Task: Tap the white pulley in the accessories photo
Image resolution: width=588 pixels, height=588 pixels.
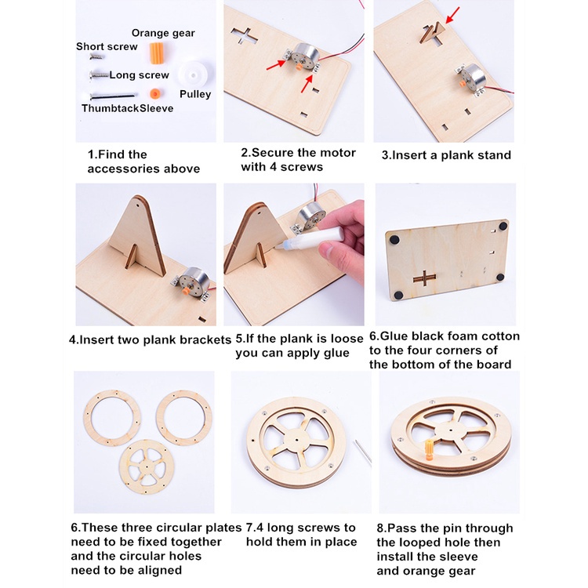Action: [194, 74]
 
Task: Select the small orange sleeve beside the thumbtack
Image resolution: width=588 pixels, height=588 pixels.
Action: [155, 94]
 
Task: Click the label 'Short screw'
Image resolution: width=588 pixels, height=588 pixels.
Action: [107, 46]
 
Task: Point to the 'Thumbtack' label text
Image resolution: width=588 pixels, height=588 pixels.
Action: [111, 108]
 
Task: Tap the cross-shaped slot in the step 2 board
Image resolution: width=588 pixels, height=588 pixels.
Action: [244, 36]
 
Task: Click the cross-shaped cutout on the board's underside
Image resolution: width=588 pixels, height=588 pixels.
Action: [424, 278]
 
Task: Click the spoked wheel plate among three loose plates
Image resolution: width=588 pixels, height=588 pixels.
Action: [144, 467]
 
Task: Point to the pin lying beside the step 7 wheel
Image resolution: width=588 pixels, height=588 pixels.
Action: [363, 451]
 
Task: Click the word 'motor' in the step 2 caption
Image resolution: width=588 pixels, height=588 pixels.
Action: [337, 153]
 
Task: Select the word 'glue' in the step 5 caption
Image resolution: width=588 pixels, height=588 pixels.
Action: [335, 354]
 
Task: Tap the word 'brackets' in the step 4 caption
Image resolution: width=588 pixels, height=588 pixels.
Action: [205, 340]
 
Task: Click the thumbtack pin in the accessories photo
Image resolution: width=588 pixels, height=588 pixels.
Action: [112, 96]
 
